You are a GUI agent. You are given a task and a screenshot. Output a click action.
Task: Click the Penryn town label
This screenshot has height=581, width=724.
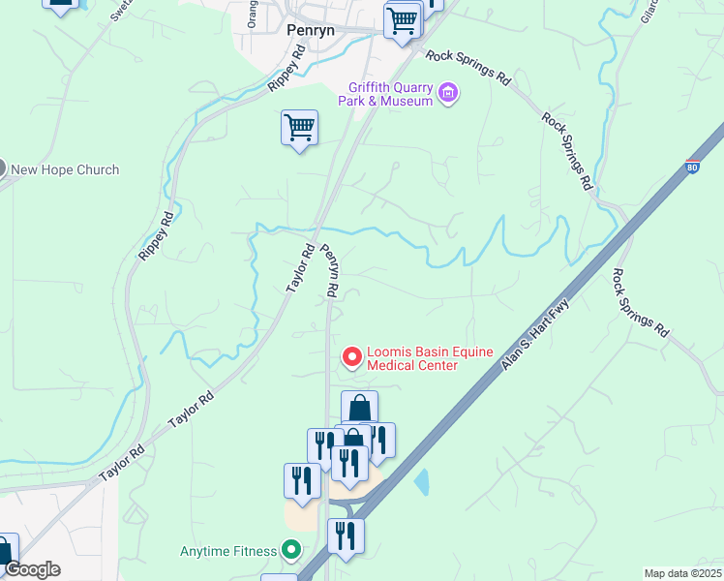pyautogui.click(x=311, y=30)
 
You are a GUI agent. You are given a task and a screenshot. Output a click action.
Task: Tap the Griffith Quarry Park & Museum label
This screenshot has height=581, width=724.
pyautogui.click(x=384, y=94)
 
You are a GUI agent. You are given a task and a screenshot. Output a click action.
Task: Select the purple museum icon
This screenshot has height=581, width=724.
pyautogui.click(x=448, y=94)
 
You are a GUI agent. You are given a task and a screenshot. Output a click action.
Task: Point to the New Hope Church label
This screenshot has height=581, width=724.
pyautogui.click(x=65, y=169)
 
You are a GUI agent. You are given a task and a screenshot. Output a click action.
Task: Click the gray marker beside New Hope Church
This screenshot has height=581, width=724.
pyautogui.click(x=2, y=168)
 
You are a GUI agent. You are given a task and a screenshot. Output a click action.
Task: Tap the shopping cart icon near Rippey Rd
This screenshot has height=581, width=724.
pyautogui.click(x=300, y=127)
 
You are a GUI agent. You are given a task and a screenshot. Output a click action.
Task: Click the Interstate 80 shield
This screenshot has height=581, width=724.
pyautogui.click(x=692, y=168)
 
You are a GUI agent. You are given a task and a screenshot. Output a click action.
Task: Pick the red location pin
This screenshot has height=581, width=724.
pyautogui.click(x=352, y=357)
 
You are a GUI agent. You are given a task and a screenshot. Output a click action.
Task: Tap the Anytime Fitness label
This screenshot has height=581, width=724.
pyautogui.click(x=228, y=552)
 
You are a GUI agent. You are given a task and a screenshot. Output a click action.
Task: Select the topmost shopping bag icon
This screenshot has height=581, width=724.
pyautogui.click(x=359, y=408)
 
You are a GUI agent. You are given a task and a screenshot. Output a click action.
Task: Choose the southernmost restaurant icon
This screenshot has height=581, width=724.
pyautogui.click(x=346, y=535)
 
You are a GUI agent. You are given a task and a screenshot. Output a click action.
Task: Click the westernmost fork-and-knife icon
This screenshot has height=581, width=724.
pyautogui.click(x=302, y=480)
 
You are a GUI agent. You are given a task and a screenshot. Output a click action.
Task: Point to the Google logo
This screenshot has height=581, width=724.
pyautogui.click(x=32, y=568)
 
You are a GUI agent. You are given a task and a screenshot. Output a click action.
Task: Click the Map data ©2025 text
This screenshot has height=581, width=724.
pyautogui.click(x=682, y=573)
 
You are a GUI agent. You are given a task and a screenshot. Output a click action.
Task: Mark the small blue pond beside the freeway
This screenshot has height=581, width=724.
pyautogui.click(x=422, y=481)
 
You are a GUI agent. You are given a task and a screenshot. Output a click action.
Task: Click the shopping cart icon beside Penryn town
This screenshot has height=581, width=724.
pyautogui.click(x=402, y=19)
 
